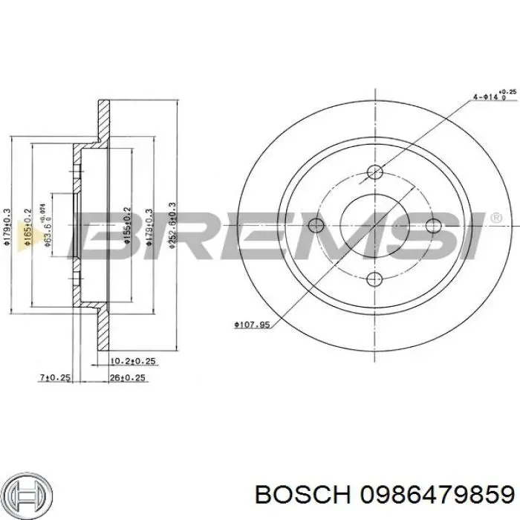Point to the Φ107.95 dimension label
click(x=251, y=324)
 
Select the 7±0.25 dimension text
click(x=54, y=378)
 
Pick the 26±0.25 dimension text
click(x=128, y=378)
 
